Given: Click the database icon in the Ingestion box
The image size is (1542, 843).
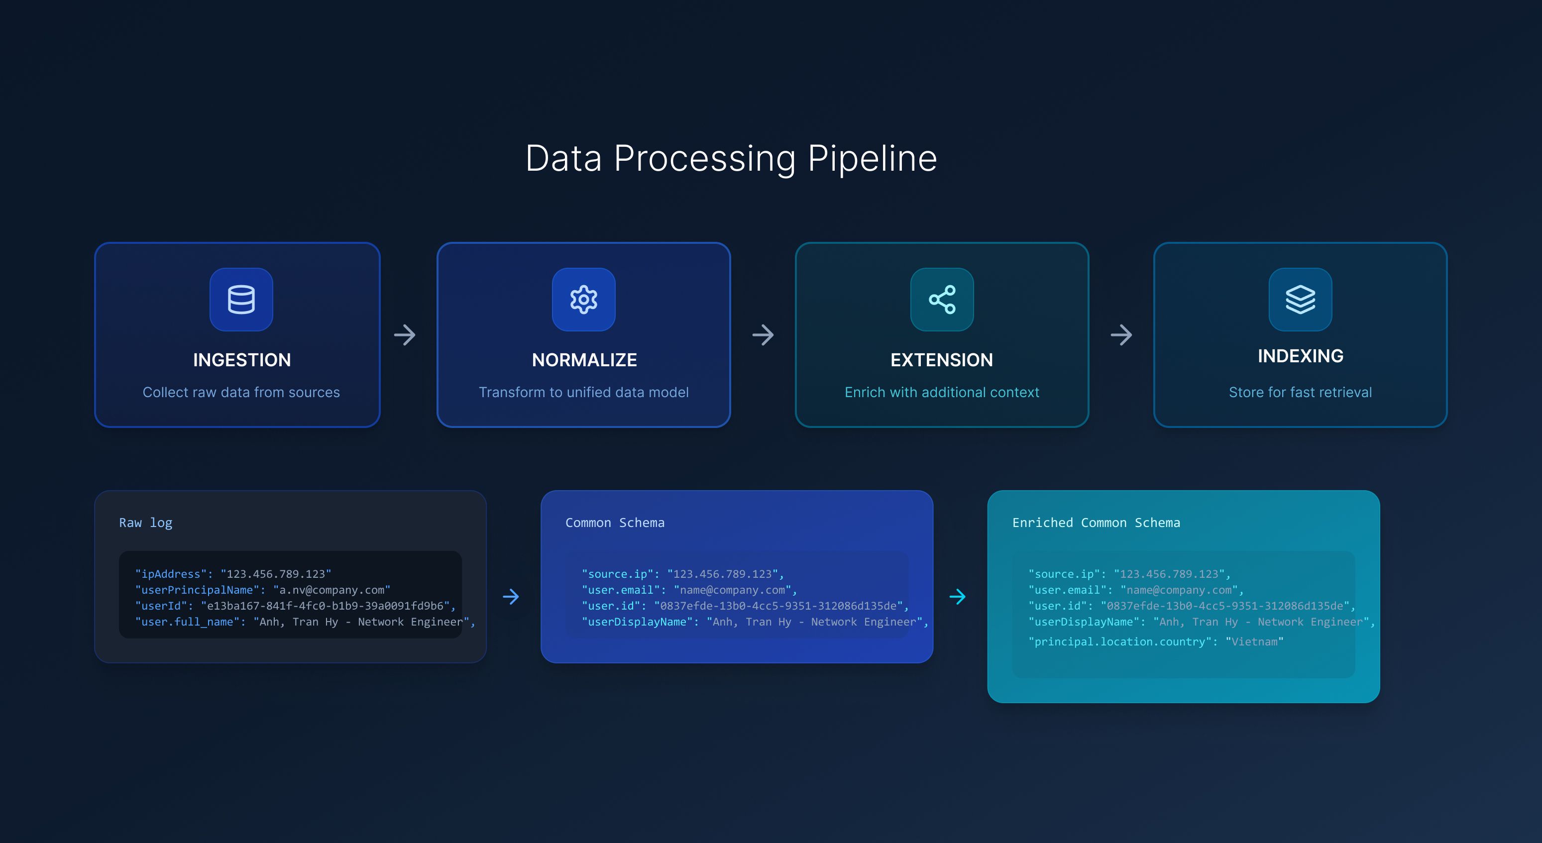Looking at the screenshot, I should (x=241, y=299).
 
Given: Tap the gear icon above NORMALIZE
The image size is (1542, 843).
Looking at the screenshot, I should (x=584, y=299).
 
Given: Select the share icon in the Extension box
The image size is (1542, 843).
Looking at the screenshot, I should (x=942, y=299).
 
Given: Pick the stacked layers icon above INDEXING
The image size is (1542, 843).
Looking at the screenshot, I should (x=1300, y=299).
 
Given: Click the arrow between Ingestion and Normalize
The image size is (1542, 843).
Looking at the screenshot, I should (x=405, y=335).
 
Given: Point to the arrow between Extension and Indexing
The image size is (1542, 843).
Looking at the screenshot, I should (x=1121, y=335).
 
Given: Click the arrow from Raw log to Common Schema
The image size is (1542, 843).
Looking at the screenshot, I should (x=511, y=597).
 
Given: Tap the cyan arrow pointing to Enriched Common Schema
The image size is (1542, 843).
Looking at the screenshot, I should (x=957, y=597).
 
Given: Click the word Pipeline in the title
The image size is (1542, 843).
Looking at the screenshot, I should (x=872, y=159).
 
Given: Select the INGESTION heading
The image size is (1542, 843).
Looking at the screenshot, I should (x=242, y=360).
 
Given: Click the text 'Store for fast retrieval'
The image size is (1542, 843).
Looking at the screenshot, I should (x=1300, y=393).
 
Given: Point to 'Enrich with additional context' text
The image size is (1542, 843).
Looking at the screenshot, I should (x=942, y=393).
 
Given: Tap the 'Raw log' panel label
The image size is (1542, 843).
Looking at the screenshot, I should (x=145, y=523).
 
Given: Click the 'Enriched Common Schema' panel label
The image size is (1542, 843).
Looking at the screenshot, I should (x=1096, y=523).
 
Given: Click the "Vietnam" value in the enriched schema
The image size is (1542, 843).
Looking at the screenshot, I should (x=1254, y=641).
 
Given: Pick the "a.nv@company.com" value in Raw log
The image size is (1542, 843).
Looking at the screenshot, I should (x=331, y=590).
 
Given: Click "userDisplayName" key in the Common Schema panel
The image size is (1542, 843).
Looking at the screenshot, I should (x=637, y=622).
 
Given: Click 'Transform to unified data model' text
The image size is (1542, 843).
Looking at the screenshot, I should (x=584, y=393).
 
